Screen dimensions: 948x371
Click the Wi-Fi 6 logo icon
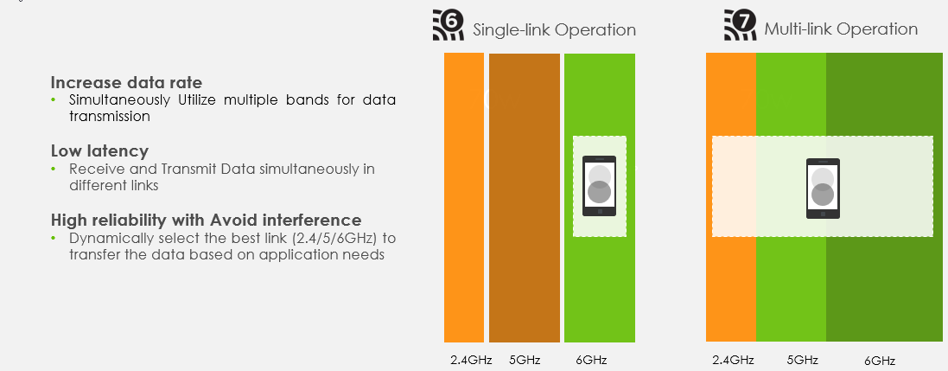pos(448,24)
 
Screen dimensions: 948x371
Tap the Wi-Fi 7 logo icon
pos(740,24)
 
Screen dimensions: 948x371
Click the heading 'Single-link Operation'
pos(554,29)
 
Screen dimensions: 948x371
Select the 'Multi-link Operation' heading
pos(841,29)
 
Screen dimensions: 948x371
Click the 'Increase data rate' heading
pos(126,82)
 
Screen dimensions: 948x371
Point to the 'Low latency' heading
pos(99,150)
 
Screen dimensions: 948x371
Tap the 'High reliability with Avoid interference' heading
pos(207,219)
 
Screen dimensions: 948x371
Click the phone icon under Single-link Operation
pos(599,186)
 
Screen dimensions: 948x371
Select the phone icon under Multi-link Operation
pos(823,189)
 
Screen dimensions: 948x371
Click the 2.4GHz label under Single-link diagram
pos(471,360)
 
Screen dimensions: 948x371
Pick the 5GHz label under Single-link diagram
pos(524,360)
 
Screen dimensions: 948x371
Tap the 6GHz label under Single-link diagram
pos(591,360)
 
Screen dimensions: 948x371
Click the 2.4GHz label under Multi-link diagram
pos(733,360)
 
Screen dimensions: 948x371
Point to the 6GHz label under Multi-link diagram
pos(880,361)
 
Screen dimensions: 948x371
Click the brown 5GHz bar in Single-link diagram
pos(525,198)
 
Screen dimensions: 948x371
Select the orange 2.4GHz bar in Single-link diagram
pos(464,198)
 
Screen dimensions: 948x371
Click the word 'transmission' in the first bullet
pos(110,116)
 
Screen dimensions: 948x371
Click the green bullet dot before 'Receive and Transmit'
pos(54,169)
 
